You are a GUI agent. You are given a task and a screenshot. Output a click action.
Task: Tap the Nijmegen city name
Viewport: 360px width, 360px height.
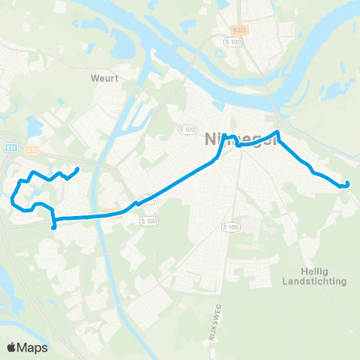pyautogui.click(x=235, y=138)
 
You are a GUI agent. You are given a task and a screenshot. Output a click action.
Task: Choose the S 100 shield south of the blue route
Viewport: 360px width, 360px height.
pyautogui.click(x=150, y=220)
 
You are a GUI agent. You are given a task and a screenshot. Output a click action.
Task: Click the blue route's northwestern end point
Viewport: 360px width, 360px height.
pyautogui.click(x=79, y=169)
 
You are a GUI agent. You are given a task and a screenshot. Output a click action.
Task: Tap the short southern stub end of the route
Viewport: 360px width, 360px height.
pyautogui.click(x=53, y=227)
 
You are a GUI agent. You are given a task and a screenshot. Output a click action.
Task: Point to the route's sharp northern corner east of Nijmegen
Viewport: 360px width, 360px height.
pyautogui.click(x=278, y=133)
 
